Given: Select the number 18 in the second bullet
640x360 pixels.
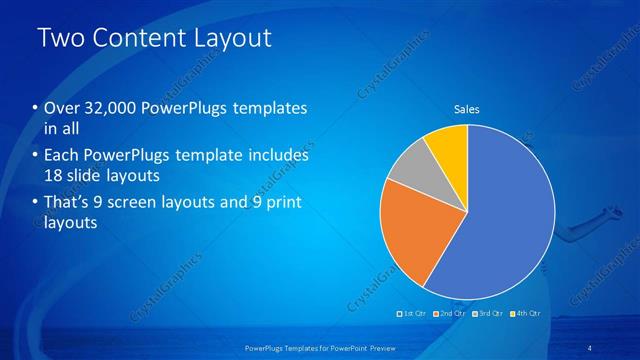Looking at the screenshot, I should point(52,176).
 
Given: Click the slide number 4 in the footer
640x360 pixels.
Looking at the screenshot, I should point(590,346).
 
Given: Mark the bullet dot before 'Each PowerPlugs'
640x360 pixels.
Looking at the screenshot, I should point(35,156).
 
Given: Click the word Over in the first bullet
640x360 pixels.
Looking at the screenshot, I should point(62,108).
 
